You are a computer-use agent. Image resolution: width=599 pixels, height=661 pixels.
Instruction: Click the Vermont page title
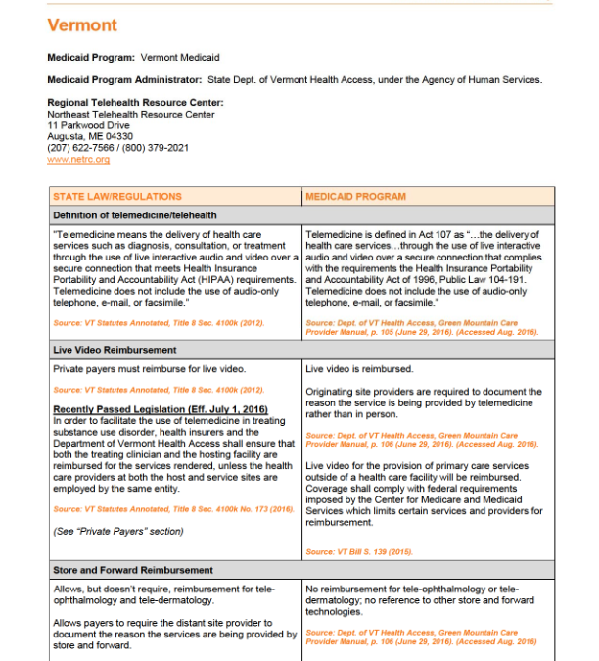click(82, 24)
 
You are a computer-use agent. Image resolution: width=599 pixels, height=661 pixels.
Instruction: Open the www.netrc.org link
click(78, 159)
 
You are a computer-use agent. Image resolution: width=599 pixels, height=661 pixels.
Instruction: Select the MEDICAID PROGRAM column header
click(355, 196)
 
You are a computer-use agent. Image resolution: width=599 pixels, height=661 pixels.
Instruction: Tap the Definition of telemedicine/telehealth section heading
click(135, 214)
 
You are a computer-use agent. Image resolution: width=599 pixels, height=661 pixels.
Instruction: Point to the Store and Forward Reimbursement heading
click(133, 569)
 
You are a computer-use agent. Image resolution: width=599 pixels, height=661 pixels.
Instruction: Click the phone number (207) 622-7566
click(81, 148)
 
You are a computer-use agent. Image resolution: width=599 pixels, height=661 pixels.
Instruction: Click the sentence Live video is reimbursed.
click(359, 370)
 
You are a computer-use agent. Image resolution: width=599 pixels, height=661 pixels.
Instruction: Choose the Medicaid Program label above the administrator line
click(92, 58)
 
